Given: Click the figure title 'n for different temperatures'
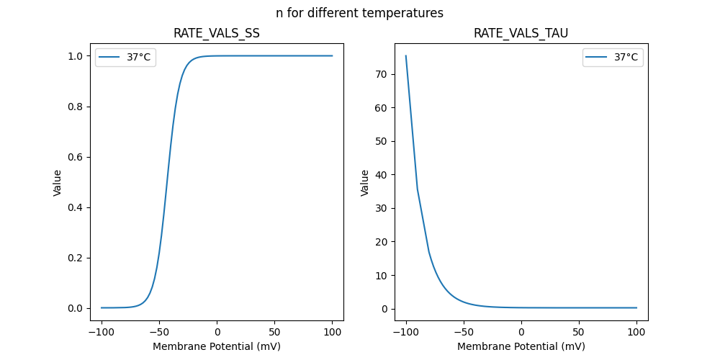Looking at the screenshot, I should point(359,13).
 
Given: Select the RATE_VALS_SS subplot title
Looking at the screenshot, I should point(216,33).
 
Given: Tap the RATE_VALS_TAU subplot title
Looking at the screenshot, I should point(521,33).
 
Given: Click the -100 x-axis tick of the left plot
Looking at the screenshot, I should point(102,333).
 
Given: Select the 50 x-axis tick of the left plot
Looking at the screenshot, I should point(274,333).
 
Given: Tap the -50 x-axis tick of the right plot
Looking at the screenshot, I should point(464,333).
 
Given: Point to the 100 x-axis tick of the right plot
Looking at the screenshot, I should point(636,333).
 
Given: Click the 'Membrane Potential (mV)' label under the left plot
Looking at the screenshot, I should point(216,346).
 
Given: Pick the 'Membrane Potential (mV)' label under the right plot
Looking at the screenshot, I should point(521,346).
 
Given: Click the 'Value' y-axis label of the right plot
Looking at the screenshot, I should point(365,183).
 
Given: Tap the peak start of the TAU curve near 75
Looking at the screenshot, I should point(406,55).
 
